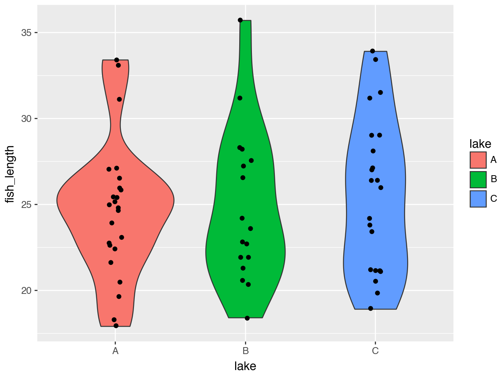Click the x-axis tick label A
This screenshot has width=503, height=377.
[116, 351]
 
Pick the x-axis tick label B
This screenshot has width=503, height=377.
[245, 351]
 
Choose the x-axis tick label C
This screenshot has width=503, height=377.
[375, 351]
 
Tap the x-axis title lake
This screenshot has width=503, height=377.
[245, 366]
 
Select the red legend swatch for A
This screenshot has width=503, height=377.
[478, 160]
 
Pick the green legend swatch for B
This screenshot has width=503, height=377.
[478, 179]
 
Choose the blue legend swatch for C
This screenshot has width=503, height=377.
[478, 199]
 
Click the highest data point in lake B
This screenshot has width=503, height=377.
[240, 20]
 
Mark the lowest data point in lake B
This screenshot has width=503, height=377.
[247, 318]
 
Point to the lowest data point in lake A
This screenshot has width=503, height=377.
[116, 326]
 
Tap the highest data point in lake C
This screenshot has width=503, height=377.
[372, 51]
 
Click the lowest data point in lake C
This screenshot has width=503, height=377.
[371, 308]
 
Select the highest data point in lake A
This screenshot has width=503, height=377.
[116, 60]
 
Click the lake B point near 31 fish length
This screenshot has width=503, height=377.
[240, 98]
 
